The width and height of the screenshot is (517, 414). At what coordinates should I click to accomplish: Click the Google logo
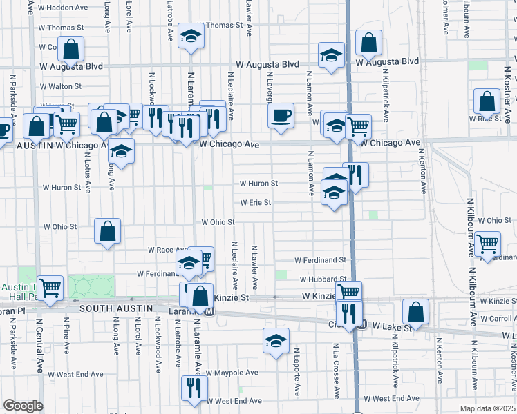[x=23, y=406]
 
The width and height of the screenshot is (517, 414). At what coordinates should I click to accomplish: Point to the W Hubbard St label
[x=322, y=279]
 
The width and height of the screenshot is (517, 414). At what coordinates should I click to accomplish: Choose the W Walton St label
[x=61, y=87]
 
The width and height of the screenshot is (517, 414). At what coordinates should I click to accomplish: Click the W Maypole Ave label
[x=234, y=373]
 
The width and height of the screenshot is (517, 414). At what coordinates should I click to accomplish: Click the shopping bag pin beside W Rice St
[x=487, y=102]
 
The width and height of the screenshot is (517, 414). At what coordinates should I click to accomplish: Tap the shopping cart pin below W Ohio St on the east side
[x=488, y=244]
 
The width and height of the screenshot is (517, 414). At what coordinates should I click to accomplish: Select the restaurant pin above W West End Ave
[x=193, y=388]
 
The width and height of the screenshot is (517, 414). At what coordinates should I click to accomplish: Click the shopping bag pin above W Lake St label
[x=415, y=312]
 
